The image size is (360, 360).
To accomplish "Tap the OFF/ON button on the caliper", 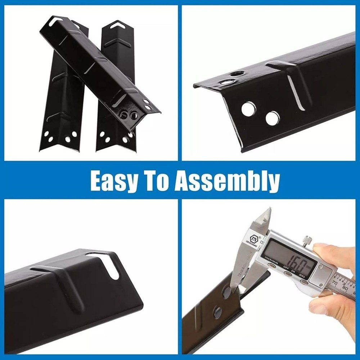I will pos(287,274).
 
